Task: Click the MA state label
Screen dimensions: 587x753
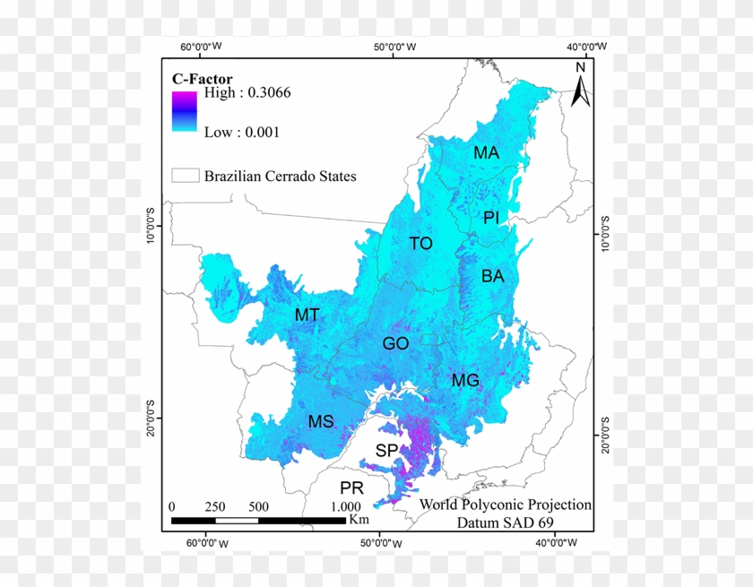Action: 486,153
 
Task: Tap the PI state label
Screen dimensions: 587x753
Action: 491,217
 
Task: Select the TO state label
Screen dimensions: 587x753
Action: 420,243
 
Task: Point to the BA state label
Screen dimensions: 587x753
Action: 492,276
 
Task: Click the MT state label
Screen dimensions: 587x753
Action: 307,315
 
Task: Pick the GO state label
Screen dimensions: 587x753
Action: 395,343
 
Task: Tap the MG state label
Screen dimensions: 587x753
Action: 465,380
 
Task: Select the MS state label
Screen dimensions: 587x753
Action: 321,422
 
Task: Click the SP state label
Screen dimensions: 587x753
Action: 386,450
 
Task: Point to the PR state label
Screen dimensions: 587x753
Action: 351,488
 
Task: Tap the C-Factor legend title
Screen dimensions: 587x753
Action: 203,79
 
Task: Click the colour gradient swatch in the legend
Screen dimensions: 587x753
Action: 184,111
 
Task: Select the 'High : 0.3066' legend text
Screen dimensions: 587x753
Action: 247,92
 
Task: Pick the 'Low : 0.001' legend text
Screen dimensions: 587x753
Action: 242,132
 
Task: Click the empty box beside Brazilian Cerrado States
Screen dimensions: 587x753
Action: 185,176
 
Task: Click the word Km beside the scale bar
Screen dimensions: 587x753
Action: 359,519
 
